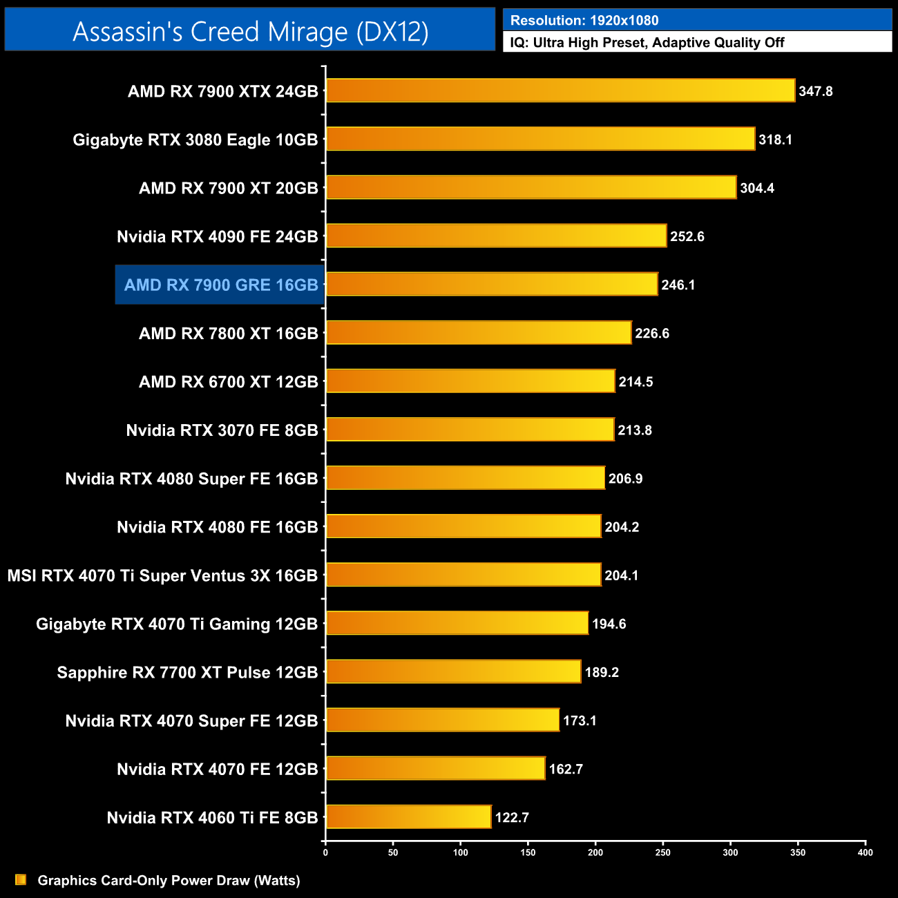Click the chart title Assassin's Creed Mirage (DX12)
pos(250,32)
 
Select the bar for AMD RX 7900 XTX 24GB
pos(560,90)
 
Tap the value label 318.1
pos(775,140)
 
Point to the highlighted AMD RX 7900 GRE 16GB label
pos(220,285)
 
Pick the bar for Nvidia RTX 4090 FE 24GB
pos(496,236)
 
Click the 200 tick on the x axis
pos(595,852)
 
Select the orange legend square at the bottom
pos(21,879)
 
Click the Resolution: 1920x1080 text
pos(584,21)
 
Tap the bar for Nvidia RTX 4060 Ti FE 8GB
pos(408,817)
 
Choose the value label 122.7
pos(512,818)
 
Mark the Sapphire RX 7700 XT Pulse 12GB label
pos(187,673)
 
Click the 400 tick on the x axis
pos(865,852)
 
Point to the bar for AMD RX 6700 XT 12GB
pos(470,381)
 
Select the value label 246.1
pos(678,285)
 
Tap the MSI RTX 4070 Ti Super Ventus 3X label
pos(162,576)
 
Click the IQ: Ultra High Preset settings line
pos(647,43)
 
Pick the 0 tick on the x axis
pos(325,852)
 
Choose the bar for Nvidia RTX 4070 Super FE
pos(442,720)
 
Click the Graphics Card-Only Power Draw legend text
pos(169,881)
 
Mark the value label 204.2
pos(622,527)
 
